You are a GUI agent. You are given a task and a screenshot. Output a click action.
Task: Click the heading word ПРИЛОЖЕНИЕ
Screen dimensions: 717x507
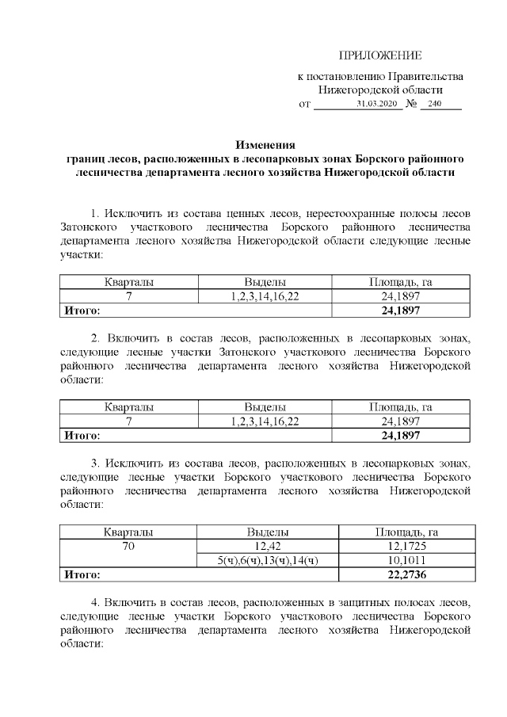coord(380,55)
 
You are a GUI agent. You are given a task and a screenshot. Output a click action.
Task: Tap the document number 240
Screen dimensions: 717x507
coord(434,105)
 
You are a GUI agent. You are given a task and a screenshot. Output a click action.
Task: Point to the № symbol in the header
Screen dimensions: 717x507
coord(411,105)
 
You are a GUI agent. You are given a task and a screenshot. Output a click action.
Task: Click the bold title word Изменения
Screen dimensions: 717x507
coord(265,145)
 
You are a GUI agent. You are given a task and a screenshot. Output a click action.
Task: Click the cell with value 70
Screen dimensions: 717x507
coord(128,547)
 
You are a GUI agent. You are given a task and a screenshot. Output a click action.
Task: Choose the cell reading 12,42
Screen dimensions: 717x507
coord(267,547)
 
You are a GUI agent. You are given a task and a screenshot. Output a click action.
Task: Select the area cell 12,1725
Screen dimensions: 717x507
coord(405,547)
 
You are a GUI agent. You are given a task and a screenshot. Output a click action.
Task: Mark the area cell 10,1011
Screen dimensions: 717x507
coord(405,561)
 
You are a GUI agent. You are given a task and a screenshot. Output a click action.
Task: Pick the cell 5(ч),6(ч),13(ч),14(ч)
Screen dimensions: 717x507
coord(267,561)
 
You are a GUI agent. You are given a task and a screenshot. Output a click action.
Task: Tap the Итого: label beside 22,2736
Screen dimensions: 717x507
coord(82,575)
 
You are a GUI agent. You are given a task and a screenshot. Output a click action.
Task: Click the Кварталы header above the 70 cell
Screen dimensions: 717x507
coord(128,532)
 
